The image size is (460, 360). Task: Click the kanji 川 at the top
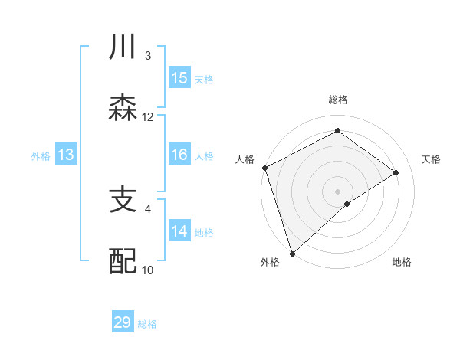[123, 47]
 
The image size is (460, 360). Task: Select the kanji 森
[123, 107]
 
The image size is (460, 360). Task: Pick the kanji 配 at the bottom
[123, 260]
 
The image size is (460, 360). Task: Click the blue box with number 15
[179, 78]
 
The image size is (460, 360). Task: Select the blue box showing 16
[179, 155]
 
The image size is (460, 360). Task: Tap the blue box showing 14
[179, 231]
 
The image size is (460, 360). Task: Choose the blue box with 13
[66, 155]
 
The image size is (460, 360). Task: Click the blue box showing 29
[123, 322]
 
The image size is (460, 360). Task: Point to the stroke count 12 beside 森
[148, 117]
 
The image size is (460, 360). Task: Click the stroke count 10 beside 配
[148, 270]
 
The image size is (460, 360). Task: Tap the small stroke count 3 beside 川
[148, 56]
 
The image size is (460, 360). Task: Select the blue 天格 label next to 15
[204, 79]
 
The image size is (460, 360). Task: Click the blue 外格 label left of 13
[41, 155]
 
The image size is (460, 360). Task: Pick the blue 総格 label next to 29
[147, 323]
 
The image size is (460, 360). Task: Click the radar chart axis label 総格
[338, 100]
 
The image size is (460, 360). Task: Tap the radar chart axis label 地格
[402, 263]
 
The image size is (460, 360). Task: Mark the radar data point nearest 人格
[264, 168]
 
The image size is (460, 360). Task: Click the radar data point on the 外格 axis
[292, 254]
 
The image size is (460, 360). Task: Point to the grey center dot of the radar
[338, 191]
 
